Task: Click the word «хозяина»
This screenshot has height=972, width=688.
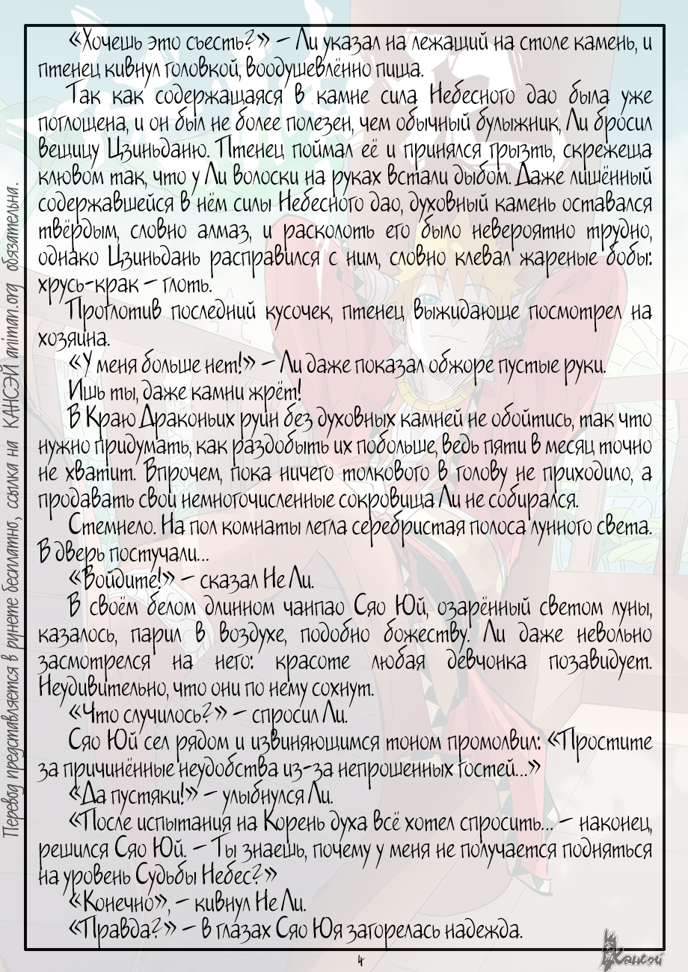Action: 73,338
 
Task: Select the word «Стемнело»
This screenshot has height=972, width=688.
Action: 108,526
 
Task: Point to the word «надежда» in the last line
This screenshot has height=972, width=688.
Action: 482,929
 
